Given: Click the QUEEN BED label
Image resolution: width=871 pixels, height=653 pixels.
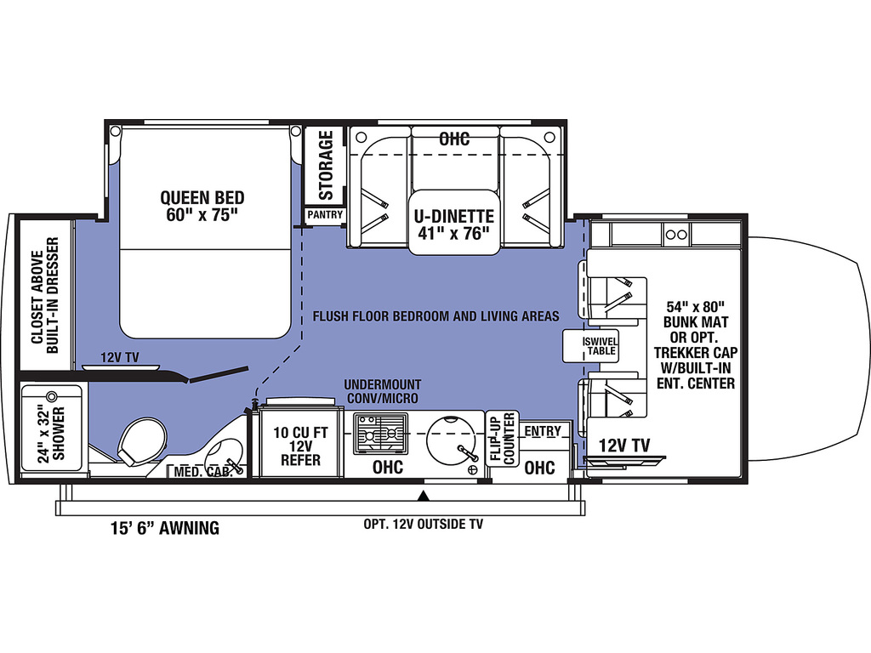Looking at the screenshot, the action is click(x=202, y=206).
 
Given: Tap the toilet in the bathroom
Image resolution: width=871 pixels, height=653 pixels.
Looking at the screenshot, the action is click(x=141, y=442).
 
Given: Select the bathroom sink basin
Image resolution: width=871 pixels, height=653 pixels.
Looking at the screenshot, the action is click(x=224, y=456).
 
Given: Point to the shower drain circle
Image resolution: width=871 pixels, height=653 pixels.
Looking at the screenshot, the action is click(x=52, y=396).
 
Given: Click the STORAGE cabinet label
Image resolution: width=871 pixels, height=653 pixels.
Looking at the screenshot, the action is click(x=326, y=165).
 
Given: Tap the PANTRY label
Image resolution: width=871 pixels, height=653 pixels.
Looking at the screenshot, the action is click(x=325, y=214).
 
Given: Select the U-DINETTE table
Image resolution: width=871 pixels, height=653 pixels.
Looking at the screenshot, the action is click(x=454, y=222).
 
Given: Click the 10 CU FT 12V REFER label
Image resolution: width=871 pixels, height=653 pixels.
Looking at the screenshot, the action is click(x=300, y=446).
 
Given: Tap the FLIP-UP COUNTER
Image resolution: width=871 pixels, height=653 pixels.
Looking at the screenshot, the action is click(x=502, y=439).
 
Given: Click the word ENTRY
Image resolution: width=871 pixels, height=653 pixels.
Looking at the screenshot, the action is click(x=543, y=431).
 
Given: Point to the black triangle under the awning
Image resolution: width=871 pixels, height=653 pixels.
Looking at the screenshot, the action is click(x=424, y=496).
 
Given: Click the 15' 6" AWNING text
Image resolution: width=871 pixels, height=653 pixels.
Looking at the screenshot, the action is click(x=165, y=527).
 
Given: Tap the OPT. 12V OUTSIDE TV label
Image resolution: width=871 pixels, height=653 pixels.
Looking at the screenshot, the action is click(x=424, y=524).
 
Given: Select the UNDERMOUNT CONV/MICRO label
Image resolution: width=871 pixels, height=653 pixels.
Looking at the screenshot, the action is click(x=382, y=391).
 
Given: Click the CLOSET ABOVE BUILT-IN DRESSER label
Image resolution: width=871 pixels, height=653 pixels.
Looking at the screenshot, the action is click(x=45, y=295).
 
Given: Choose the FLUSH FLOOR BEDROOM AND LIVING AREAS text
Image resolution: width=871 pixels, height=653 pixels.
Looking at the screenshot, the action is click(x=436, y=316).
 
